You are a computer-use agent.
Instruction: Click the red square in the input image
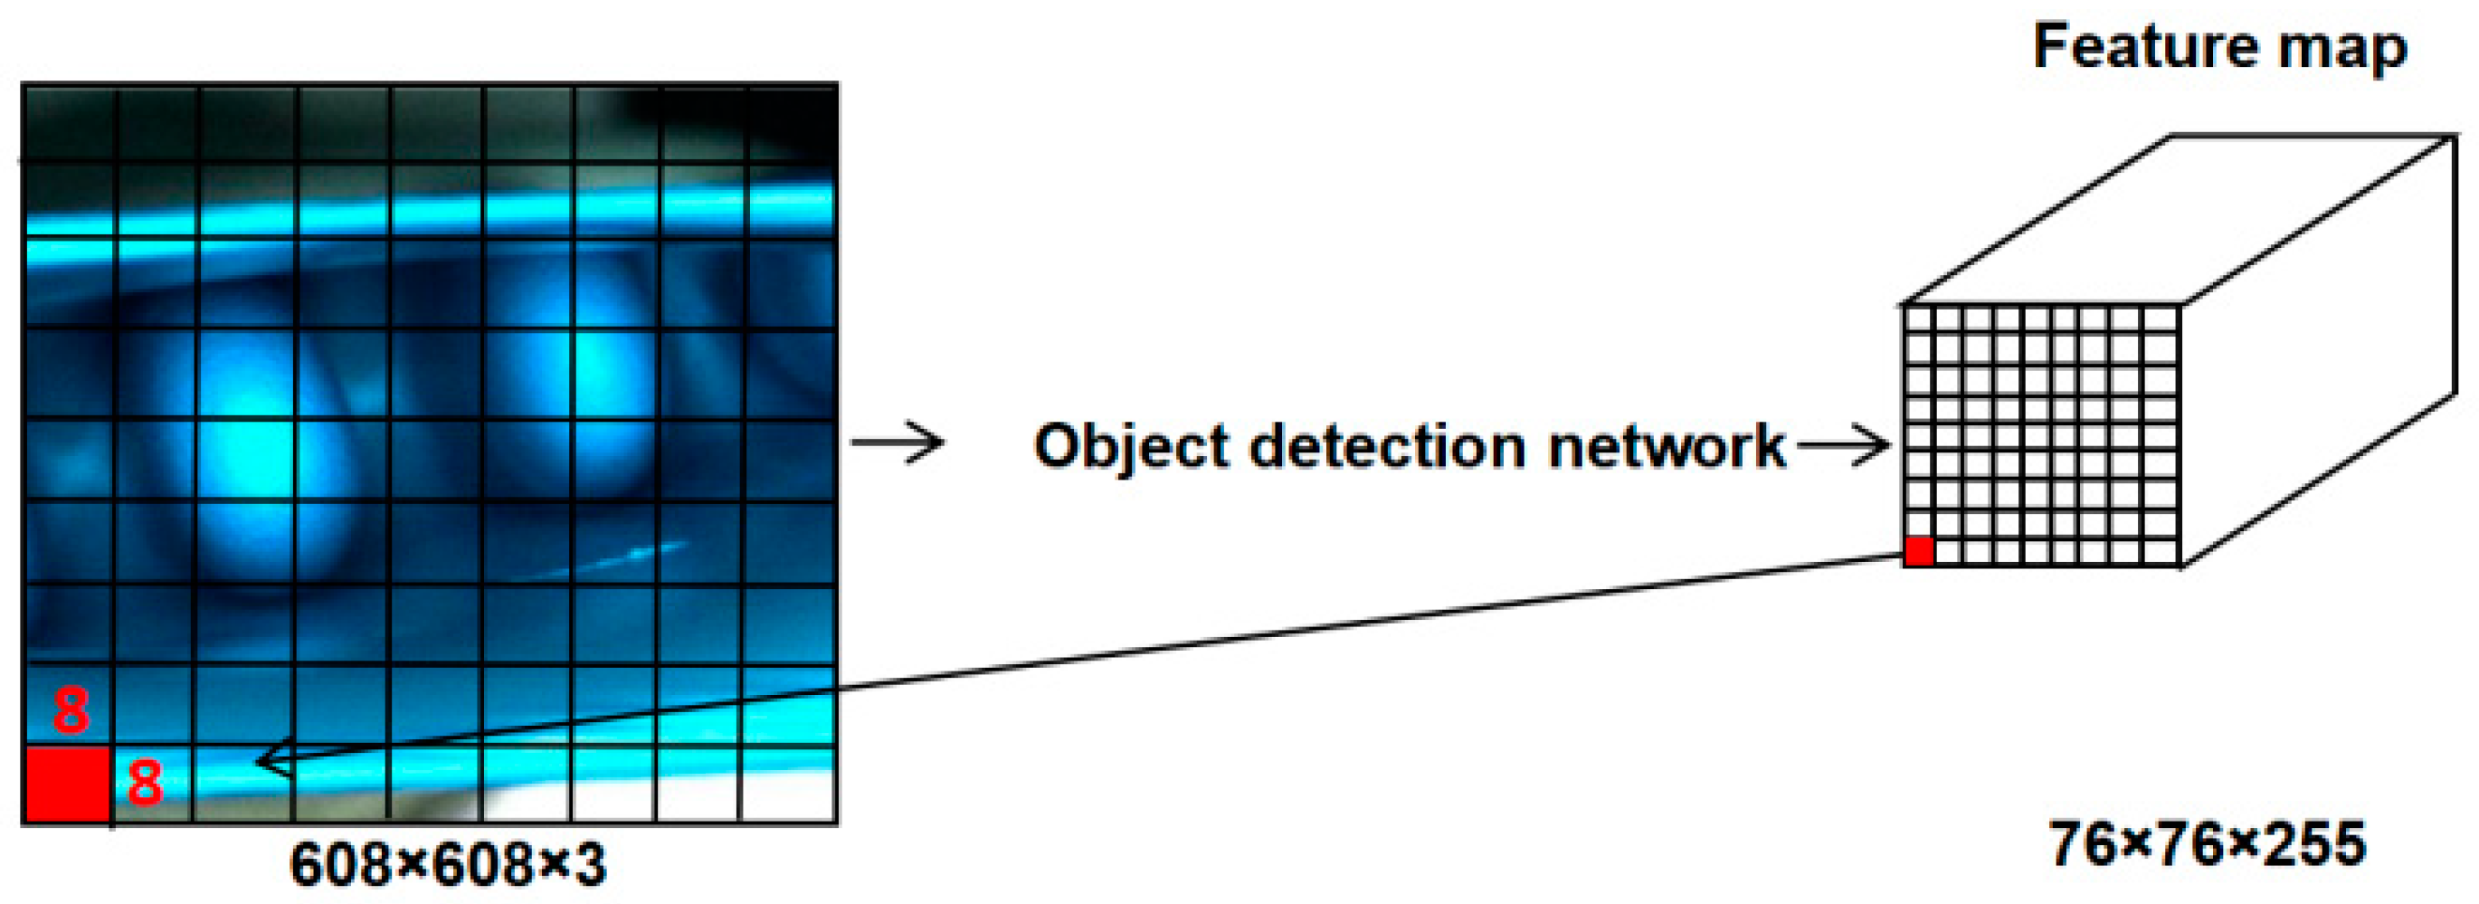tap(66, 784)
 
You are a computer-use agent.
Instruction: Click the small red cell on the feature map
tap(1919, 552)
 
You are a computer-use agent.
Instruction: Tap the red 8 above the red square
tap(71, 710)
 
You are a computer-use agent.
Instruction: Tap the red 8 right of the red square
tap(145, 781)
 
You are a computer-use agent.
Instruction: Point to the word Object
tap(1132, 447)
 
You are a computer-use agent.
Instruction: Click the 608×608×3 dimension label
tap(448, 864)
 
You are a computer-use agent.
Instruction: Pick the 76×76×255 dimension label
tap(2207, 844)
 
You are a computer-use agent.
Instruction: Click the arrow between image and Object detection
tap(897, 442)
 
